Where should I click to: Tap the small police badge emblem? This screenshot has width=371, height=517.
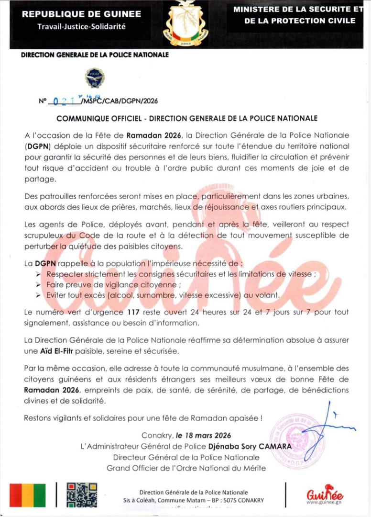coord(95,78)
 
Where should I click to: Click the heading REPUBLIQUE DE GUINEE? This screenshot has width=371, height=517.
coord(81,14)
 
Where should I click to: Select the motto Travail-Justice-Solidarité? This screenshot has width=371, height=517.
coord(81,26)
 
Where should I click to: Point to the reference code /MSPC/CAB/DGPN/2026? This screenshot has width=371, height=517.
coord(120,101)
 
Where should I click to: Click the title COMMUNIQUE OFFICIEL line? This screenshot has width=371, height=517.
coord(187,118)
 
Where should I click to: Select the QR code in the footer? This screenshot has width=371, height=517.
coord(82,495)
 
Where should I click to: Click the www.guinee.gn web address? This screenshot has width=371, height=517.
coord(324,502)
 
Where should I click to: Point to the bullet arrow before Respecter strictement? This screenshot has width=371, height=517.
coord(38,274)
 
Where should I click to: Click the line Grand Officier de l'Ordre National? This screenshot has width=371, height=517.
coord(186,468)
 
